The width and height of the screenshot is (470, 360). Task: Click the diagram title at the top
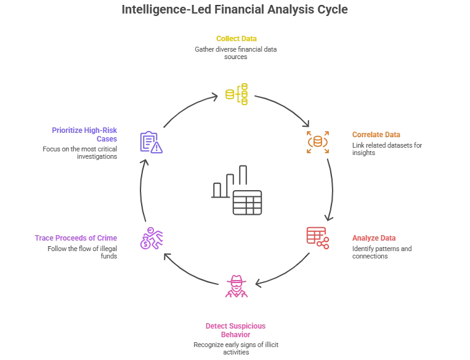[235, 10]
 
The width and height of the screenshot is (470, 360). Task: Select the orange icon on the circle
[318, 142]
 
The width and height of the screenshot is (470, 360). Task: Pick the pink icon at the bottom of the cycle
[237, 286]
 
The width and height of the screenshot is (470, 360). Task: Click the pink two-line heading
[237, 330]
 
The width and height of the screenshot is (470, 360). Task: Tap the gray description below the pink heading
[237, 346]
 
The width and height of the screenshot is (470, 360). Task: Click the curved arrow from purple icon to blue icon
[140, 191]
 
